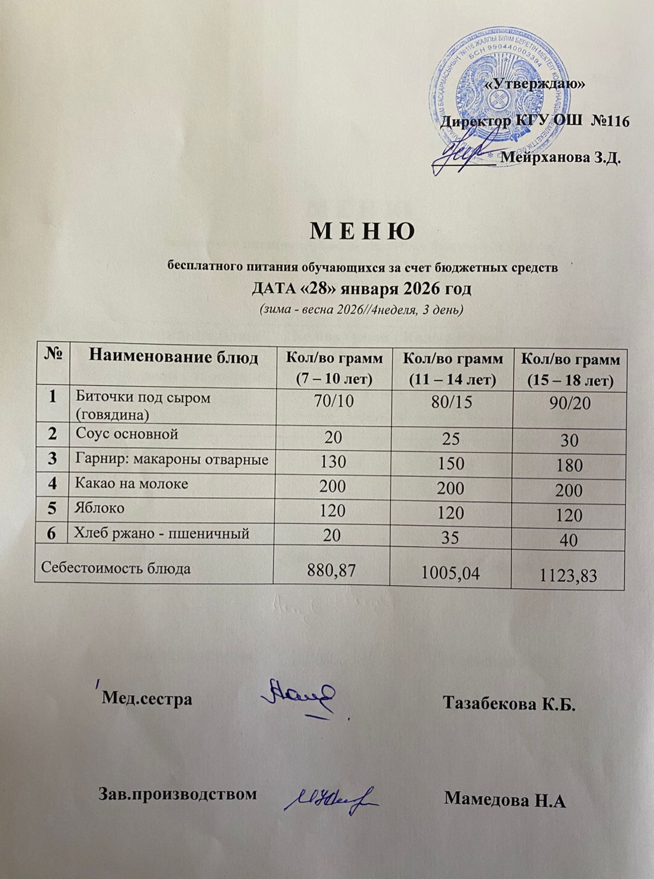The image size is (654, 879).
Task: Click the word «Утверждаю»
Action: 536,84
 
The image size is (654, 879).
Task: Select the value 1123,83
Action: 568,575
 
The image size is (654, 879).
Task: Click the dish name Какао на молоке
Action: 131,483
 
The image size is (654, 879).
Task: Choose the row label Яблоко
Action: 99,508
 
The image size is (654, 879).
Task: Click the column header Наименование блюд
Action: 174,358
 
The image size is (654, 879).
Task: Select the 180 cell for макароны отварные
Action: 568,465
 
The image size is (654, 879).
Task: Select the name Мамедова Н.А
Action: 505,798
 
